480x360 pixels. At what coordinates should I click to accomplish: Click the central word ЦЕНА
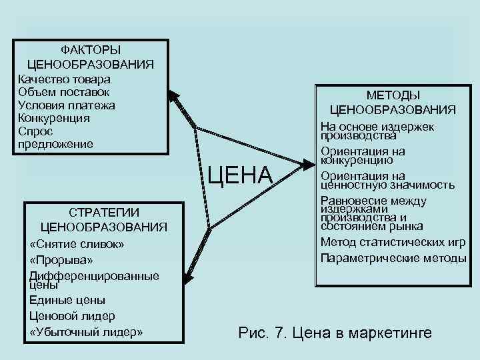pos(240,175)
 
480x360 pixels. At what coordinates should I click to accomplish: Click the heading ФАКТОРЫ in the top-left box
pos(91,50)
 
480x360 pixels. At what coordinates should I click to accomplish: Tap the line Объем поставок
pos(64,91)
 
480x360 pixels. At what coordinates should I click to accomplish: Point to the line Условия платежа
pos(67,105)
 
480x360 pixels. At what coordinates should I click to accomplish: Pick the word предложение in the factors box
pos(56,144)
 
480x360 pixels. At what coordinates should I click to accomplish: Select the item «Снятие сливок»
pos(77,244)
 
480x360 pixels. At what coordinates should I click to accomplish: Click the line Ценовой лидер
pos(72,315)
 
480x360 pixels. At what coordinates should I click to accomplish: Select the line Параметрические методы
pos(393,257)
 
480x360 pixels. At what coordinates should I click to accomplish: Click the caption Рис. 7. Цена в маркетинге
pos(335,333)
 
